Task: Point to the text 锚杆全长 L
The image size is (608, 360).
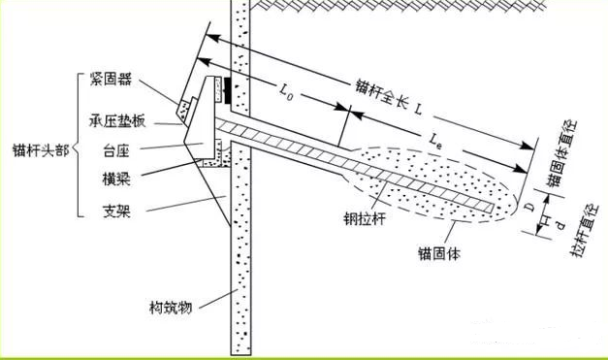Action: pyautogui.click(x=385, y=97)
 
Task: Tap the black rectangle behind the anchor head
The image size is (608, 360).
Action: pyautogui.click(x=227, y=89)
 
